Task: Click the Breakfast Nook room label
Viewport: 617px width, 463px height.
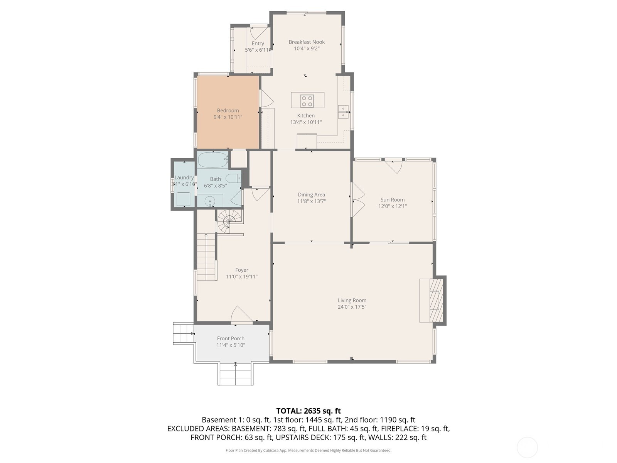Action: click(307, 42)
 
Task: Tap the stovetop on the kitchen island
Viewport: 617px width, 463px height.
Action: click(307, 101)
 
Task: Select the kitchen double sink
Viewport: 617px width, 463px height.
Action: click(343, 112)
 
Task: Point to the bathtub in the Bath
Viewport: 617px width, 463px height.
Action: click(213, 160)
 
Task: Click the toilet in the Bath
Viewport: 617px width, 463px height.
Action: click(233, 178)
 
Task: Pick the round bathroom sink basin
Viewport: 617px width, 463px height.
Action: click(210, 201)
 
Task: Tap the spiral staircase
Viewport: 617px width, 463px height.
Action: click(229, 221)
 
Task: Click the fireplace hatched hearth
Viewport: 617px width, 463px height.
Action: click(436, 300)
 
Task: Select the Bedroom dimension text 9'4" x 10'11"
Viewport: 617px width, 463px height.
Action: click(228, 117)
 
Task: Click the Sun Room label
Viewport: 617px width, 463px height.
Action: click(393, 199)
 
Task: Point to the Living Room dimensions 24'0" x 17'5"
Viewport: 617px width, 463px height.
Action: click(352, 307)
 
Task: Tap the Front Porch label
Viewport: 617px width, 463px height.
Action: click(231, 338)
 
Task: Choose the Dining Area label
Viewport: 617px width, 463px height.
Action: click(312, 194)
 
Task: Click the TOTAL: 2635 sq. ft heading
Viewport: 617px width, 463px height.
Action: click(308, 411)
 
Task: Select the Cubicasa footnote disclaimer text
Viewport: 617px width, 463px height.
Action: click(308, 450)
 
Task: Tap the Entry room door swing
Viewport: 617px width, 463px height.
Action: click(259, 33)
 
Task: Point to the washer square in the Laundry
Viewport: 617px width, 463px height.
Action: click(183, 199)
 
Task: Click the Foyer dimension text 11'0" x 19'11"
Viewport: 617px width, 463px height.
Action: click(242, 277)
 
